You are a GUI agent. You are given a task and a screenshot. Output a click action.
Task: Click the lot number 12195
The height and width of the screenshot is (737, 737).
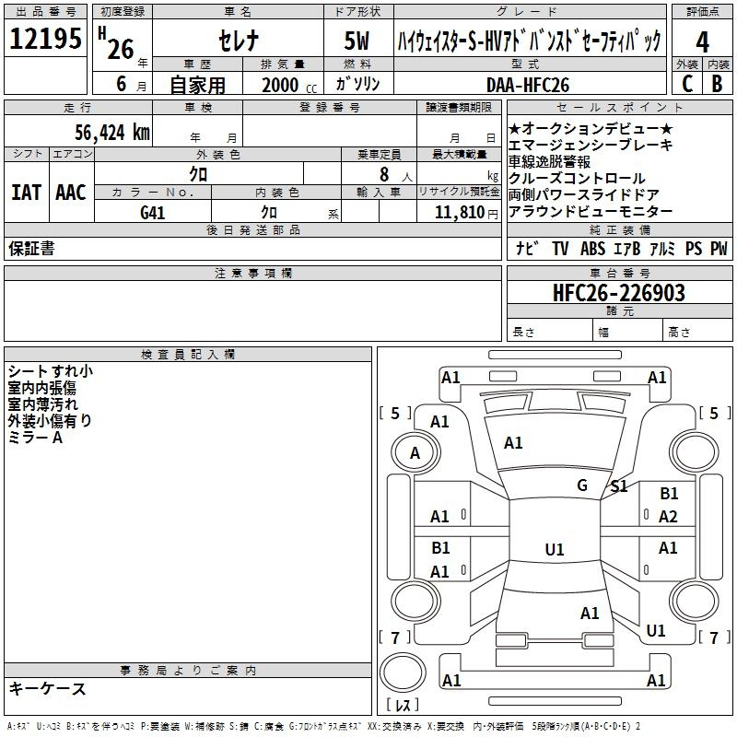(x=45, y=38)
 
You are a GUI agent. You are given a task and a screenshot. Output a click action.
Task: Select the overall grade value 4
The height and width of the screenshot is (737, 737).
(x=702, y=42)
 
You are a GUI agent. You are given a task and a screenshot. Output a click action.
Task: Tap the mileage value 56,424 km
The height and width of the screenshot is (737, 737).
(x=112, y=133)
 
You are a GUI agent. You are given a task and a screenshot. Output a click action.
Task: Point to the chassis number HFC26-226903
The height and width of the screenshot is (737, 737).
(x=619, y=293)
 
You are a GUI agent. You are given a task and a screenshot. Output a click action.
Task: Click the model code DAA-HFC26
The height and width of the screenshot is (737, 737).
(x=528, y=85)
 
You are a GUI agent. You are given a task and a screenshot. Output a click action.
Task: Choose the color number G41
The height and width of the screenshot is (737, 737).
(x=153, y=213)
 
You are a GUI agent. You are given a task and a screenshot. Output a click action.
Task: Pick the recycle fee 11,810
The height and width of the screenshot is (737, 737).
(x=460, y=212)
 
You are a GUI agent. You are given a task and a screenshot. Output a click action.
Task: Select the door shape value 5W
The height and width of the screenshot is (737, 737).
(x=357, y=41)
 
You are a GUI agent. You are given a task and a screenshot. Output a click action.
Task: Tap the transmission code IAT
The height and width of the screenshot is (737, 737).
(x=27, y=193)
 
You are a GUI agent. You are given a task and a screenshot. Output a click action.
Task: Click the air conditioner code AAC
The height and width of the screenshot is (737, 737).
(x=71, y=193)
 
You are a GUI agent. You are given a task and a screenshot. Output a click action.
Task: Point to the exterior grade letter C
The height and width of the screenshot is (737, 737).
(x=687, y=84)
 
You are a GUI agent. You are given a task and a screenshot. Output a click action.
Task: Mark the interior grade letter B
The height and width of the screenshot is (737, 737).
(x=718, y=84)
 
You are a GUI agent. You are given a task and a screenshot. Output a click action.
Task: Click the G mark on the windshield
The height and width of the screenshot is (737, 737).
(x=582, y=485)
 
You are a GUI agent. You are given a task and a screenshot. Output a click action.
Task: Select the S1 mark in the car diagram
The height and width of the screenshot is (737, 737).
(x=619, y=486)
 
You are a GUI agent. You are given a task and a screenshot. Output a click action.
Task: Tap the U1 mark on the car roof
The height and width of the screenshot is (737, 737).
(x=555, y=549)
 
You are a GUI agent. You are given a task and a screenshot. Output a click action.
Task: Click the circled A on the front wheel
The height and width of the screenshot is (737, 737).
(x=415, y=453)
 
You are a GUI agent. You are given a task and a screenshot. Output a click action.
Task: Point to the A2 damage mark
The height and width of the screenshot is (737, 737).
(x=668, y=517)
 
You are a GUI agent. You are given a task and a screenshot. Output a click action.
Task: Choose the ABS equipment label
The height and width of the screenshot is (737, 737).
(x=592, y=249)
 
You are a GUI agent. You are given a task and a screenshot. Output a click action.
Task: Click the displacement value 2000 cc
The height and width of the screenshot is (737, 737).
(x=289, y=85)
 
